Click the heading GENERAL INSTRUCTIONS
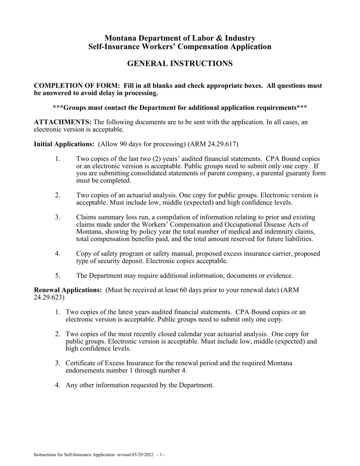pos(180,64)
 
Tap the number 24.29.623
pos(48,297)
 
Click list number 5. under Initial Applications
pos(58,275)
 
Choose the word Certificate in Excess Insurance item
pos(82,363)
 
